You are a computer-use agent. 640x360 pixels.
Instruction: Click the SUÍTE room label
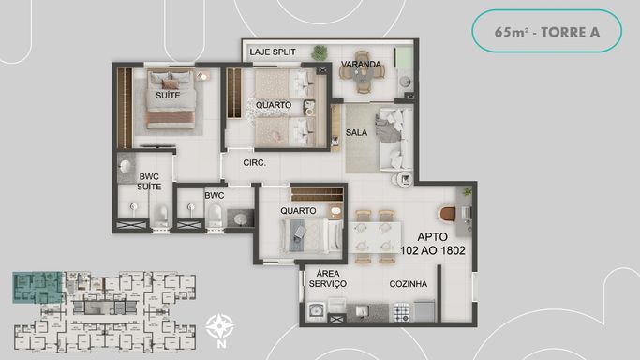168,95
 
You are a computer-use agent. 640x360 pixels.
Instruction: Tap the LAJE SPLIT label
273,52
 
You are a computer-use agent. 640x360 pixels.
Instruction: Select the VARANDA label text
361,64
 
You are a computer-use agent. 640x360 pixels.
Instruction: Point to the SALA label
356,132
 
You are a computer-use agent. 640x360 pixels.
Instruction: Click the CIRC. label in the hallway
254,162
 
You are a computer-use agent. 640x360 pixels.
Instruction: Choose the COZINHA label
409,284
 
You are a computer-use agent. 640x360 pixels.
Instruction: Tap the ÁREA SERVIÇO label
328,278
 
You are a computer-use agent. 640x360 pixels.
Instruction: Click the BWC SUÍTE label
149,182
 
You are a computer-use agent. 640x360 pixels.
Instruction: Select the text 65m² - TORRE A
547,32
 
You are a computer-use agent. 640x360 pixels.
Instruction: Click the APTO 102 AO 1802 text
433,244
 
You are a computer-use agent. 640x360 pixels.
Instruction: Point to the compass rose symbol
219,326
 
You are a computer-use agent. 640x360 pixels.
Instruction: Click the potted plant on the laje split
320,52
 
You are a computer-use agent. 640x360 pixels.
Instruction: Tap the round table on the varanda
362,72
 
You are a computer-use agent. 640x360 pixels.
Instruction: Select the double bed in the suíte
171,99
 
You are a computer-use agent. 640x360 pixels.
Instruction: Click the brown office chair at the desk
448,214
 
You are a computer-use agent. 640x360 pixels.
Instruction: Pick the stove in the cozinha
402,312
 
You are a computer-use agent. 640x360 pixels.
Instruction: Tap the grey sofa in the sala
395,139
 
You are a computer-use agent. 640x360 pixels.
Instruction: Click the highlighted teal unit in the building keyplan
37,288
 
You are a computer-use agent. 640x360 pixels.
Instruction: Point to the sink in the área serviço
316,311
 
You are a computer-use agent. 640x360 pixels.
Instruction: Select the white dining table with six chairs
374,238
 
